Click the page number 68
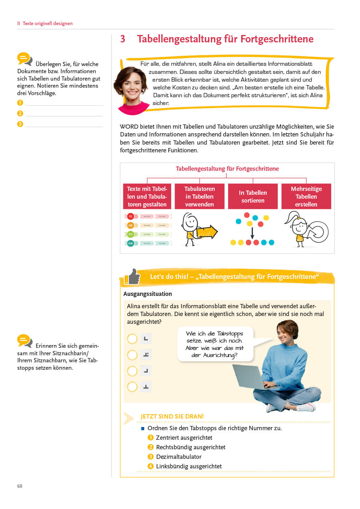tap(20, 486)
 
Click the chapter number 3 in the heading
tap(123, 39)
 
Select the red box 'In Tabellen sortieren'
tap(252, 197)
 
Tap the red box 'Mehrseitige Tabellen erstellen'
tap(306, 197)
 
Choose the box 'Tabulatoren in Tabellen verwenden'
tap(199, 197)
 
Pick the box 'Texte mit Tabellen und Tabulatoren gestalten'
tap(147, 197)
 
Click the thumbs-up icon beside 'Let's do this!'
tap(132, 277)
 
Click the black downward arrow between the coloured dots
tap(252, 233)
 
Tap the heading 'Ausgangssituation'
tap(147, 294)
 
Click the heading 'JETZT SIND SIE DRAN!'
tap(172, 416)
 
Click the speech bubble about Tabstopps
tap(215, 344)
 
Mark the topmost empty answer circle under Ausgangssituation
tap(132, 339)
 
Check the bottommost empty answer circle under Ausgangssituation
tap(132, 387)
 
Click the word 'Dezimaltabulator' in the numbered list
tap(179, 457)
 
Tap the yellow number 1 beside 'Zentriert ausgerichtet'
tap(150, 438)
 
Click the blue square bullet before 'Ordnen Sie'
tap(143, 428)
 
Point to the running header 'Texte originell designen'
tap(47, 23)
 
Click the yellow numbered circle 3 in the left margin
tap(20, 124)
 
